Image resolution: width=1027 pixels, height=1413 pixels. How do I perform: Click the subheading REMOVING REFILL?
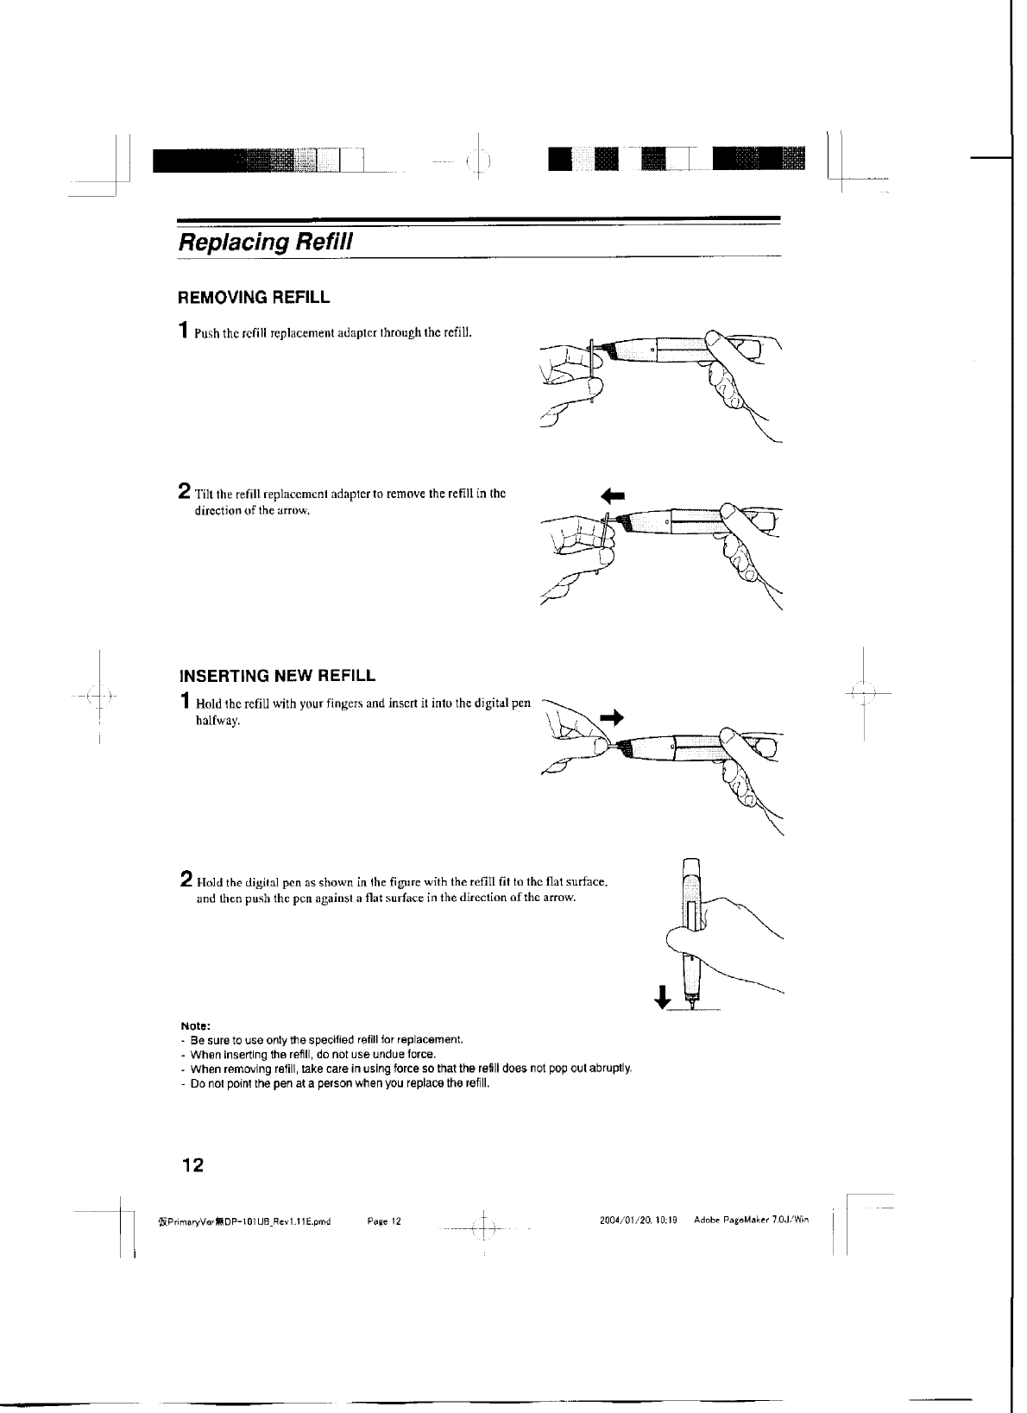[253, 299]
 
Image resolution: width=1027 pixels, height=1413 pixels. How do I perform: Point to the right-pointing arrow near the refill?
[611, 716]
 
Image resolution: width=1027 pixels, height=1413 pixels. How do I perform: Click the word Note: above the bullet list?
[189, 1026]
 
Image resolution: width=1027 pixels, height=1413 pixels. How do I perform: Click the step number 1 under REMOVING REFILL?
[183, 330]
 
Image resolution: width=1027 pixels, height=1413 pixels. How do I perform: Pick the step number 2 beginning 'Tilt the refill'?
[184, 493]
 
